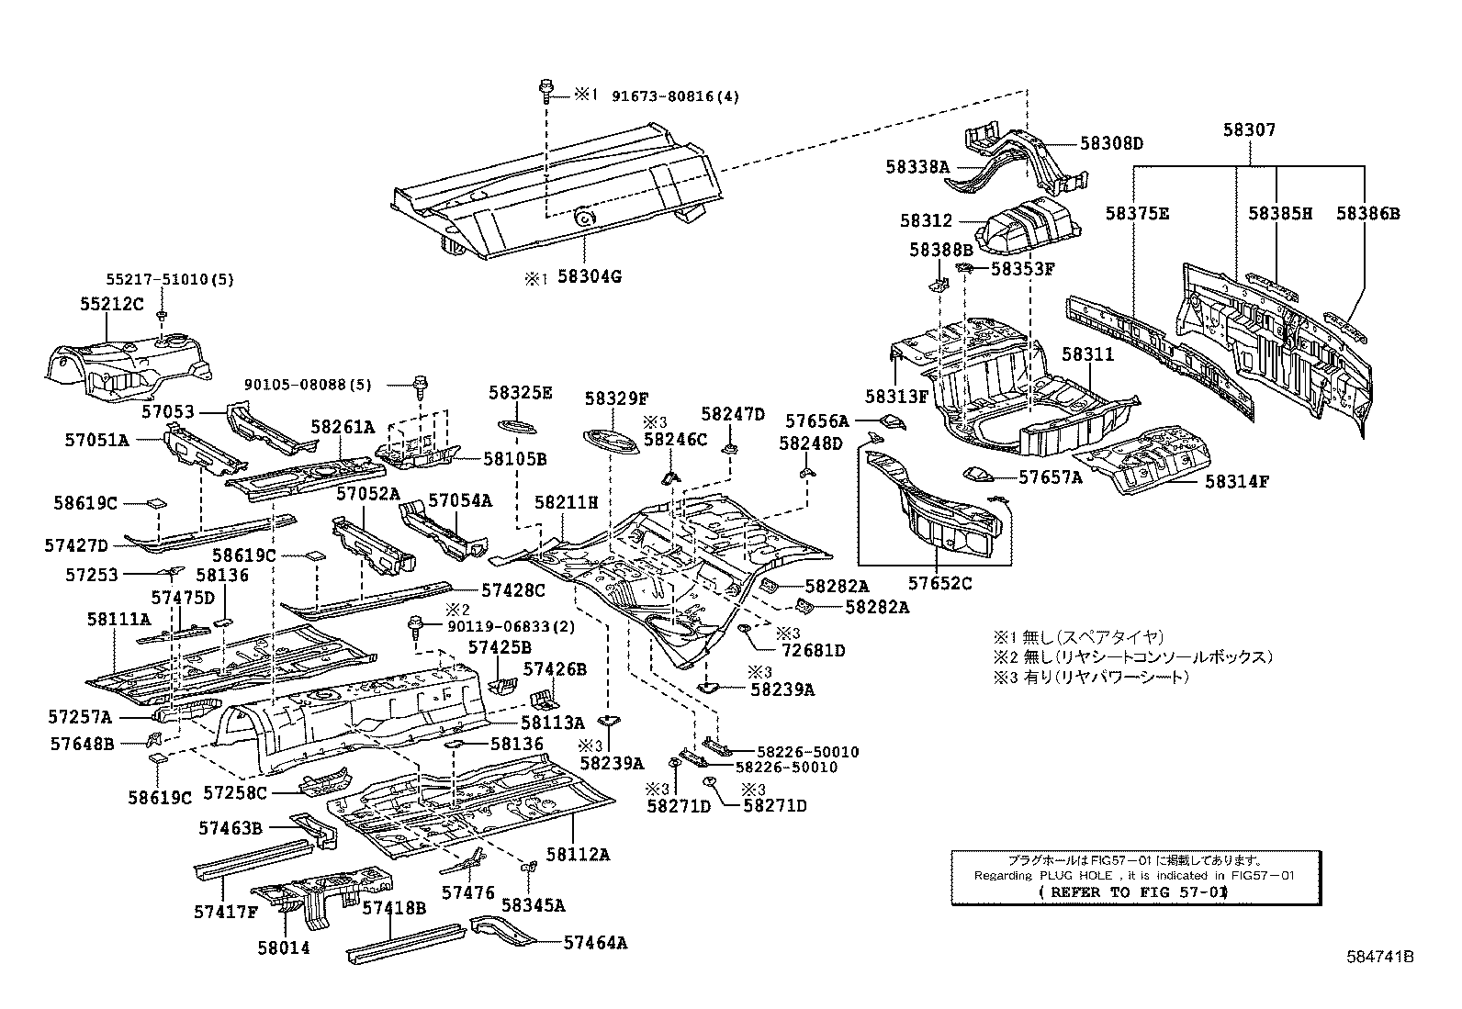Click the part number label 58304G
(590, 276)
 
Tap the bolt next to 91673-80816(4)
(545, 92)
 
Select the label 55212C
(112, 304)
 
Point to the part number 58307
(1249, 129)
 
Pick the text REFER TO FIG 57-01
(1133, 892)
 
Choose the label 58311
(1087, 354)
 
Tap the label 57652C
(939, 584)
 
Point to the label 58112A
(578, 855)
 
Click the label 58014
(283, 948)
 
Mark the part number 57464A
(595, 943)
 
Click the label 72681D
(814, 651)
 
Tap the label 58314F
(1237, 482)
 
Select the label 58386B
(1368, 213)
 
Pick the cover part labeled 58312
(1030, 227)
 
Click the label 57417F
(226, 912)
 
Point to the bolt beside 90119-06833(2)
(414, 627)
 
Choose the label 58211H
(566, 502)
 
